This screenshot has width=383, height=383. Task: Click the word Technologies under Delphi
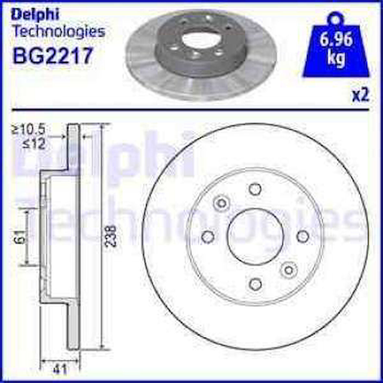(58, 31)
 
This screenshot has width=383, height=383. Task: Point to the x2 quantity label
(361, 96)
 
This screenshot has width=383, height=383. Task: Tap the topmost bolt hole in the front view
(255, 189)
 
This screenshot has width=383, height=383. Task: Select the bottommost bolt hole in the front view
(255, 284)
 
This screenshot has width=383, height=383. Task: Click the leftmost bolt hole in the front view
(207, 237)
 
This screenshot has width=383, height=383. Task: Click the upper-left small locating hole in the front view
(222, 203)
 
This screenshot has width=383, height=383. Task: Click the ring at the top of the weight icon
(335, 18)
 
